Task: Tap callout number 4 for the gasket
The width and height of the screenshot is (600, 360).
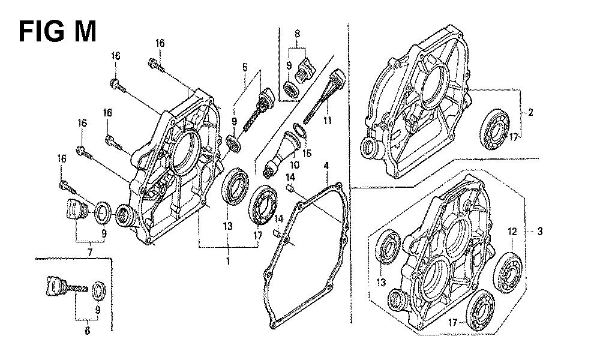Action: click(326, 164)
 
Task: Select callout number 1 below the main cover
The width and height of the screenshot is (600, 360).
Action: click(228, 261)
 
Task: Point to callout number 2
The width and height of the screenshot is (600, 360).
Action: click(530, 112)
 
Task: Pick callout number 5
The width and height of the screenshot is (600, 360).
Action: click(244, 67)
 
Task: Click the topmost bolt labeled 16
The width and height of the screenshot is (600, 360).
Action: click(155, 64)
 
